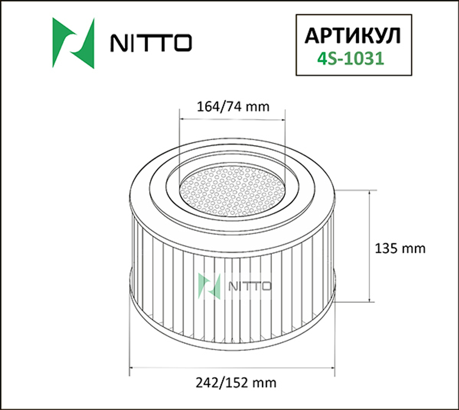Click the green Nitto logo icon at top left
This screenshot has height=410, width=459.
tap(73, 43)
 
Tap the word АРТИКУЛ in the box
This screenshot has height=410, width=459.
tap(353, 35)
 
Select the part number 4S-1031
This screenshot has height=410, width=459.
tap(351, 59)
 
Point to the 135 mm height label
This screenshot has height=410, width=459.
tap(400, 248)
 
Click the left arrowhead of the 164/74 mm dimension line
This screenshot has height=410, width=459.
tap(182, 119)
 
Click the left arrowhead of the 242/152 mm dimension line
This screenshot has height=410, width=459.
tap(132, 367)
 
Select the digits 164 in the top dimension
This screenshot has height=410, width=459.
tap(205, 106)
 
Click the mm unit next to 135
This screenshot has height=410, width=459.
tap(415, 249)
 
